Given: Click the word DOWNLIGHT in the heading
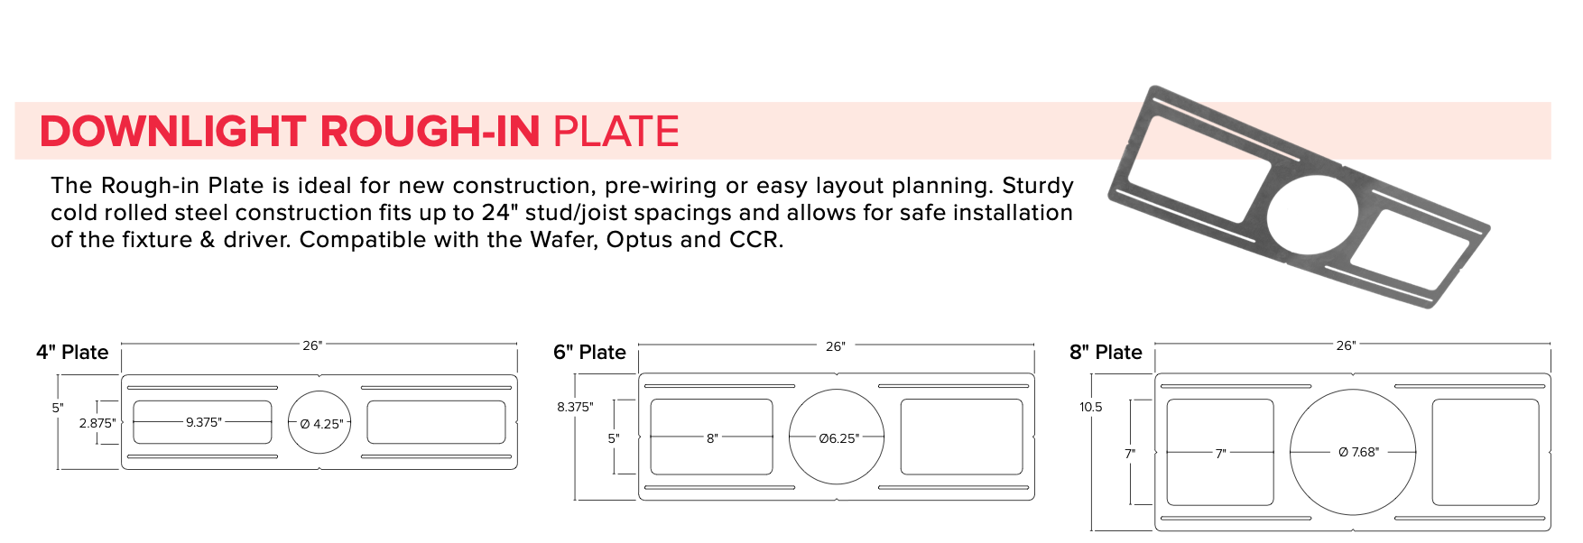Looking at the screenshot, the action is point(172,132).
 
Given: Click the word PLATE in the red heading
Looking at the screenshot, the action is point(616,132).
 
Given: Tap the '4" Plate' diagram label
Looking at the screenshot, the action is point(72,353).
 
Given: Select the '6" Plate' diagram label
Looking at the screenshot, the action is point(589,353).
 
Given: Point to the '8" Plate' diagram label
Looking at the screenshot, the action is point(1106,353).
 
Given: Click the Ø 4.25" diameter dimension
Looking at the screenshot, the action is point(321,424).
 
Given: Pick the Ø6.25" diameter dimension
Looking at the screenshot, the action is point(838,438).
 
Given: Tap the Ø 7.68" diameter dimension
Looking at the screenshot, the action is point(1358,452).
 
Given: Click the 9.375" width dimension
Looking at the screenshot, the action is point(203,422).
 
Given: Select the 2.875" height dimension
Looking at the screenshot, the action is point(97,423).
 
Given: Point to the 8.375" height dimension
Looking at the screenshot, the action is point(575,407).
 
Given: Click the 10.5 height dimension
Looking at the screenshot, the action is point(1090,407).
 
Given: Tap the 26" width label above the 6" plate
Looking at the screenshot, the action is point(835,346).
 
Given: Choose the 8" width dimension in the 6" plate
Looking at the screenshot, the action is point(712,438).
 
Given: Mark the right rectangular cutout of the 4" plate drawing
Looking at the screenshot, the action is point(436,422).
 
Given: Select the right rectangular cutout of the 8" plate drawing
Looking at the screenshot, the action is point(1485,452).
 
